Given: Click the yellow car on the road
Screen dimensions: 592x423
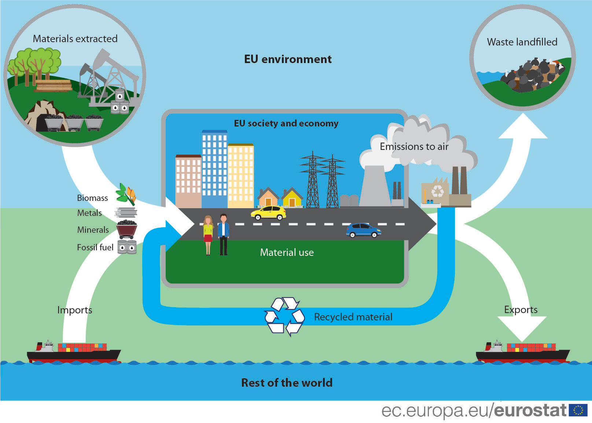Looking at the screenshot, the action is (268, 213).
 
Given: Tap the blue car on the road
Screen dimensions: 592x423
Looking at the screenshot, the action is (364, 231).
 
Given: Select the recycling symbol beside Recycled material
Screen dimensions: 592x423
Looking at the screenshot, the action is (284, 316).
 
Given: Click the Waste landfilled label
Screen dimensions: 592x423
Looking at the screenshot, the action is (522, 42).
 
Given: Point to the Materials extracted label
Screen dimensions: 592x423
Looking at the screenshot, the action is (75, 39).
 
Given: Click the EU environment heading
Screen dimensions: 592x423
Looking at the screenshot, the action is (287, 59).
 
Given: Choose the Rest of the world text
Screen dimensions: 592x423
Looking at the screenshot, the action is (287, 383).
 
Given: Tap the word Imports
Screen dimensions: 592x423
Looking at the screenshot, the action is (75, 310).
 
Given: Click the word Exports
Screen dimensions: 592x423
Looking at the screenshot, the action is (521, 310).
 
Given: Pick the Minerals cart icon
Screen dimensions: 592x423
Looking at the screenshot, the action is (127, 229).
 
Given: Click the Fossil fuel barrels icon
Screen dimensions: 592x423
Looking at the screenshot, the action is (127, 247).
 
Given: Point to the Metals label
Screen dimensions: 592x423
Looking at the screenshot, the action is (89, 213).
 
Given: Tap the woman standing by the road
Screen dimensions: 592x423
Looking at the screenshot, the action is (208, 235).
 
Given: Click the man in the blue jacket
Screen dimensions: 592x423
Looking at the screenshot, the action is (223, 235).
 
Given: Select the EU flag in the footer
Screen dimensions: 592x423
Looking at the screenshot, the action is (578, 410).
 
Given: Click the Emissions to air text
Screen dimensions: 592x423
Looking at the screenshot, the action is (414, 147).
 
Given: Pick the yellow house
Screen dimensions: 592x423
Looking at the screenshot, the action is (292, 197).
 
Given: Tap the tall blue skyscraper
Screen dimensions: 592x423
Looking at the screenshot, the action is (214, 169).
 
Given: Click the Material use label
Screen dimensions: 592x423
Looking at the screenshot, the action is (287, 252).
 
